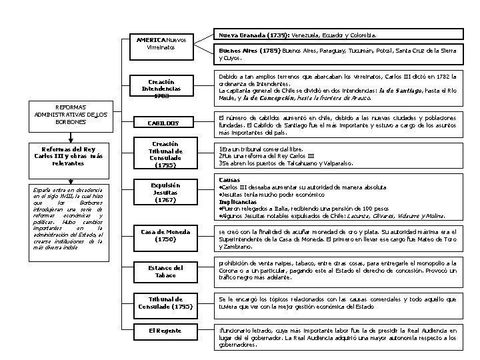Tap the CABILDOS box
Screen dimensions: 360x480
[x=165, y=123]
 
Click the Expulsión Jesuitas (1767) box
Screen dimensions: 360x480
[x=165, y=193]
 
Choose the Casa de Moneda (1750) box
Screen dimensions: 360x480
[x=165, y=235]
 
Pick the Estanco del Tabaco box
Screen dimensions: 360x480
[x=165, y=271]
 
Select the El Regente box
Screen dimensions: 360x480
[x=165, y=331]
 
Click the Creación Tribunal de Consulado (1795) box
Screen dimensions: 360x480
[x=165, y=154]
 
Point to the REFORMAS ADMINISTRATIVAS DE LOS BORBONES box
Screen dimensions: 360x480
[x=71, y=114]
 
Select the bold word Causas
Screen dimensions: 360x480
[x=231, y=180]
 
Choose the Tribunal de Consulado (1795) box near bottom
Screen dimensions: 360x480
[x=165, y=303]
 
